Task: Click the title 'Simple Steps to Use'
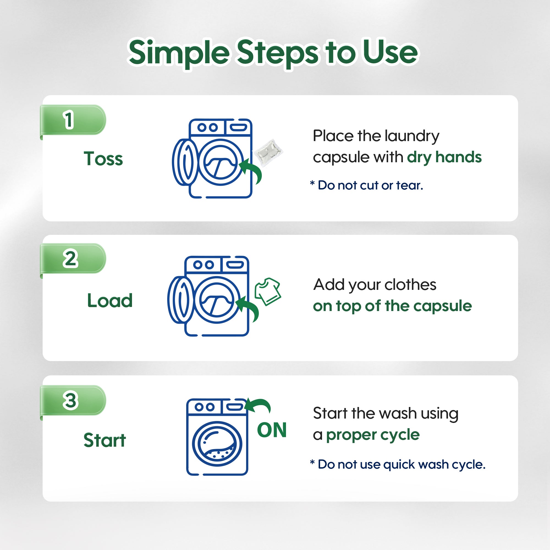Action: click(x=273, y=53)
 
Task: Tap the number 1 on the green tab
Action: click(x=68, y=120)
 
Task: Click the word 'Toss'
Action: click(x=103, y=159)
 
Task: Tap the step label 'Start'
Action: click(x=105, y=440)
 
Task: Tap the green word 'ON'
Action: click(x=272, y=430)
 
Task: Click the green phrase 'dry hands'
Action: click(x=444, y=157)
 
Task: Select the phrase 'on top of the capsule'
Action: click(x=393, y=306)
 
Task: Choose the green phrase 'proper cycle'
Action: click(x=373, y=435)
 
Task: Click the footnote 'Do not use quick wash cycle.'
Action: click(x=398, y=464)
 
